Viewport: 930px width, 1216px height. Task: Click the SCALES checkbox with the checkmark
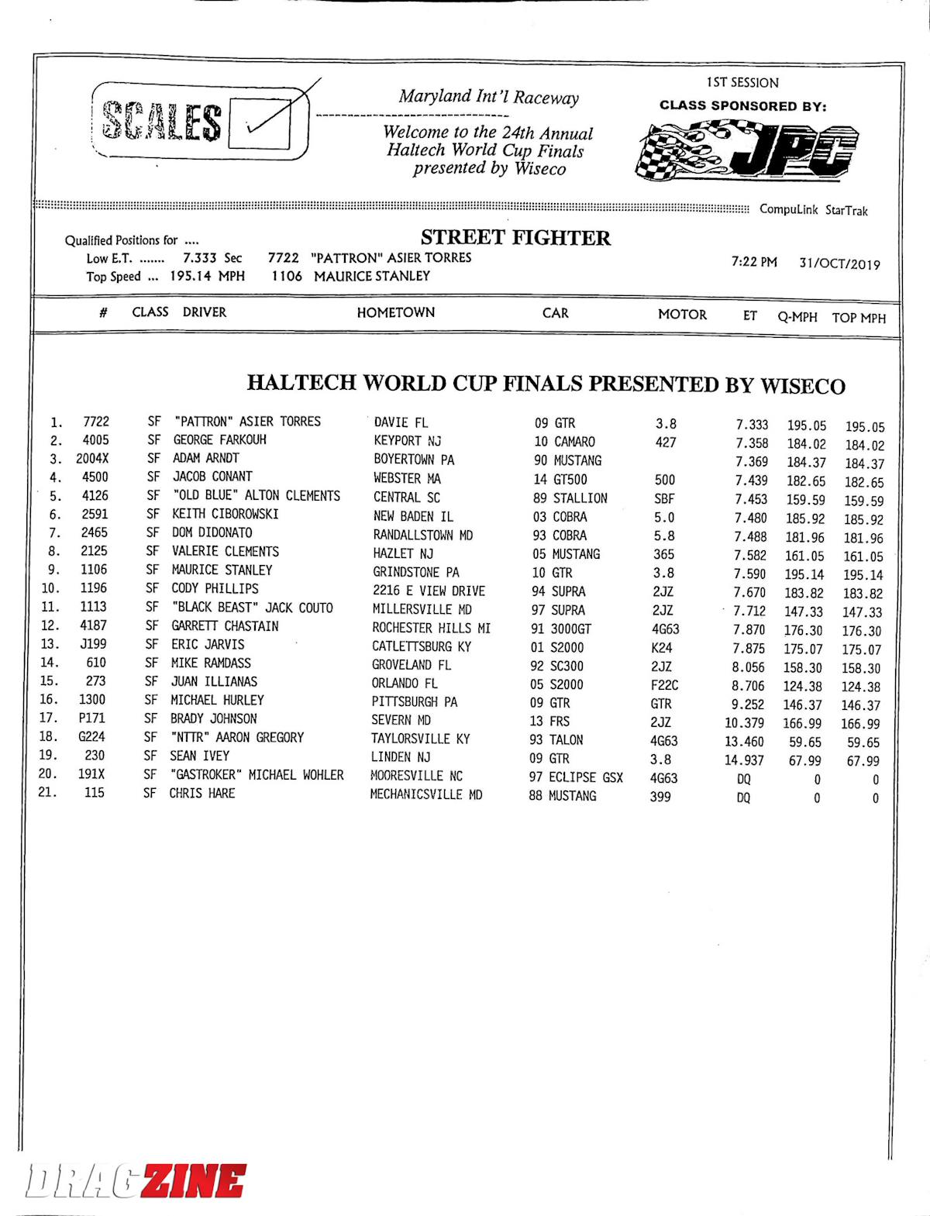click(x=260, y=125)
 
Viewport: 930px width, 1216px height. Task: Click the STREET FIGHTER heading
click(x=515, y=237)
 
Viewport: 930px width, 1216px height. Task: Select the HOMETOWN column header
click(x=395, y=312)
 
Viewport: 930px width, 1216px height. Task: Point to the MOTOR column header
click(x=682, y=314)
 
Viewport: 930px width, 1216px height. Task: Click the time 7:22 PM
click(x=754, y=262)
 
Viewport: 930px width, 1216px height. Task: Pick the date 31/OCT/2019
click(x=839, y=264)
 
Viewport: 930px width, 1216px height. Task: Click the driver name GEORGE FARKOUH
click(x=219, y=439)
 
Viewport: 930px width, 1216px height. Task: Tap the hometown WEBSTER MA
click(x=407, y=478)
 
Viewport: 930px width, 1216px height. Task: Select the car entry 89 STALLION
click(x=570, y=498)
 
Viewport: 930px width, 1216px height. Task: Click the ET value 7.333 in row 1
click(x=752, y=425)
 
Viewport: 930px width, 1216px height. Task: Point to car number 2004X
click(x=92, y=458)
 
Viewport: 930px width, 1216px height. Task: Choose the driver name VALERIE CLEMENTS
click(x=225, y=551)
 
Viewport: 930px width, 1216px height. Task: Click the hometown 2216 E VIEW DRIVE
click(x=429, y=591)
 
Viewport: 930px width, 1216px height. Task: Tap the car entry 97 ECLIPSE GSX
click(x=576, y=777)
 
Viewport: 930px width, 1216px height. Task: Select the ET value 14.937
click(x=744, y=760)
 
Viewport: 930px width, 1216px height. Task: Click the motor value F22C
click(x=664, y=685)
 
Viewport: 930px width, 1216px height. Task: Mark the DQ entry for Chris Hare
click(x=743, y=797)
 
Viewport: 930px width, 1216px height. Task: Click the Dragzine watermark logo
click(x=136, y=1180)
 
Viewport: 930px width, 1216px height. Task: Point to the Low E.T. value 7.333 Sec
click(x=212, y=258)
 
